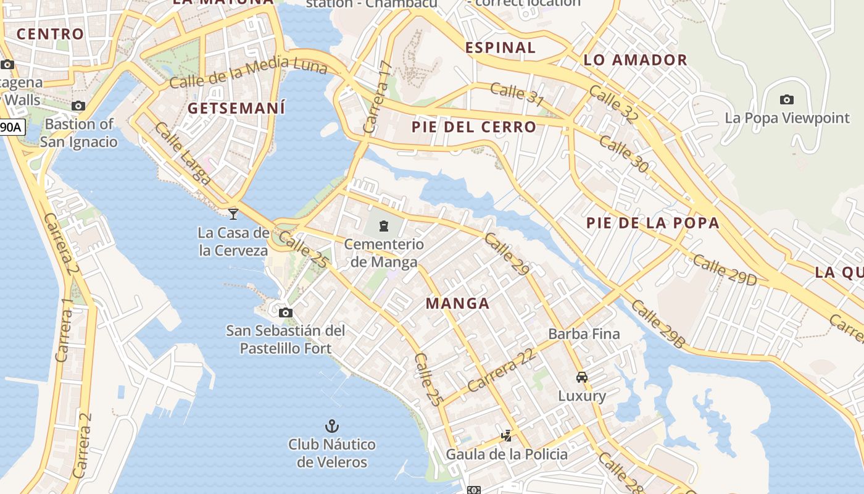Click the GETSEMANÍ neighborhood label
(236, 109)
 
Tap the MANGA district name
(458, 303)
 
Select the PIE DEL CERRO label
(474, 127)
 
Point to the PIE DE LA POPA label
(653, 223)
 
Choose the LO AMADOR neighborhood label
(635, 60)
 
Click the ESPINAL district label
(501, 48)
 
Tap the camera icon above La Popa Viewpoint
(786, 99)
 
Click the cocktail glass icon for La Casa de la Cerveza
(233, 214)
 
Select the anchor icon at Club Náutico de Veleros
(332, 426)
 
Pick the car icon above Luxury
(581, 377)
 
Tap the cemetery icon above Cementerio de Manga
(384, 226)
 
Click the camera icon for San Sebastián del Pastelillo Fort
(285, 312)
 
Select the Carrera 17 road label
(378, 97)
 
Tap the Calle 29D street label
(725, 270)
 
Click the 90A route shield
(11, 128)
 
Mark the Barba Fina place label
(584, 334)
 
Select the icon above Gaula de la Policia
(506, 436)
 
